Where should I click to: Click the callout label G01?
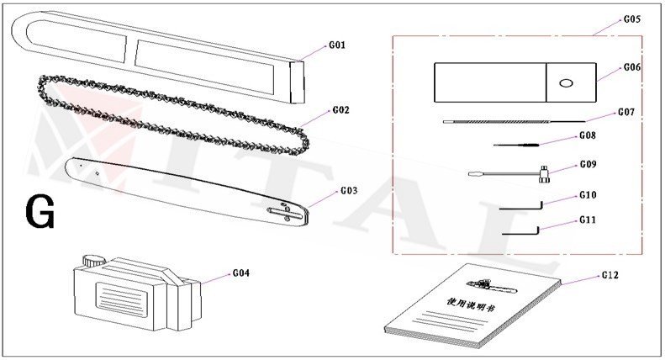coord(335,45)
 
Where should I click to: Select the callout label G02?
coord(340,110)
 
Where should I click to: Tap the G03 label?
coord(349,191)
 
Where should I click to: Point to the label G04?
coord(241,273)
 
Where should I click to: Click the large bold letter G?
coord(40,211)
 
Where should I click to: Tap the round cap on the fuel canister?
coord(93,258)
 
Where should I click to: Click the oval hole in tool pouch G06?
coord(565,82)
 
